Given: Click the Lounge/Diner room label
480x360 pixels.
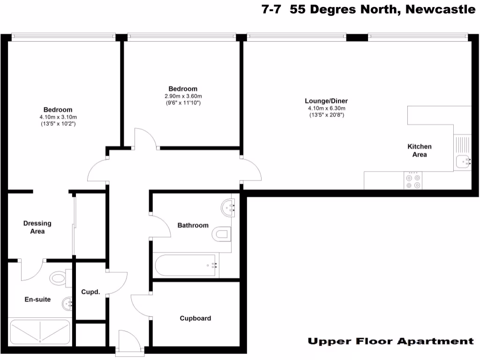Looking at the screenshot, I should point(326,101).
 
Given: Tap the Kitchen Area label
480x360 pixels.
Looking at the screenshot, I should point(420,150).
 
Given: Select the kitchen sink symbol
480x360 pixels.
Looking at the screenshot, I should point(463,162).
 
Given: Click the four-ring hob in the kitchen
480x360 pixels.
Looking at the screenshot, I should point(413,180).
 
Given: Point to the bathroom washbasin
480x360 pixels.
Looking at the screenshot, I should point(230,206).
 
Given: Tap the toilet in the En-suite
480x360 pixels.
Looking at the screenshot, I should point(60,278).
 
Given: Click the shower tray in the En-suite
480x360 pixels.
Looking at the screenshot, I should point(40,331).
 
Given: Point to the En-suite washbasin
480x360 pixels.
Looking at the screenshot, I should point(67,304).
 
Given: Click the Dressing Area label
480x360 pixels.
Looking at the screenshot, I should point(37,227).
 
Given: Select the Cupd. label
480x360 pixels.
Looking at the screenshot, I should point(91,292).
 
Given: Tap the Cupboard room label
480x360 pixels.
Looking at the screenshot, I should point(195,318).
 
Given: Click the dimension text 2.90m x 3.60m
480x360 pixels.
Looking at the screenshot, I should point(183,96).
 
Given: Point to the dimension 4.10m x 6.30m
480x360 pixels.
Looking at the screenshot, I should point(326,108).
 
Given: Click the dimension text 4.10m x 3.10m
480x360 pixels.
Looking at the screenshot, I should point(59,117).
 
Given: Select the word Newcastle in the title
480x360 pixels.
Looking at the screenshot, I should point(440,9).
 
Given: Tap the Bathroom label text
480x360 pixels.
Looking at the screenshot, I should point(193,225).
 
